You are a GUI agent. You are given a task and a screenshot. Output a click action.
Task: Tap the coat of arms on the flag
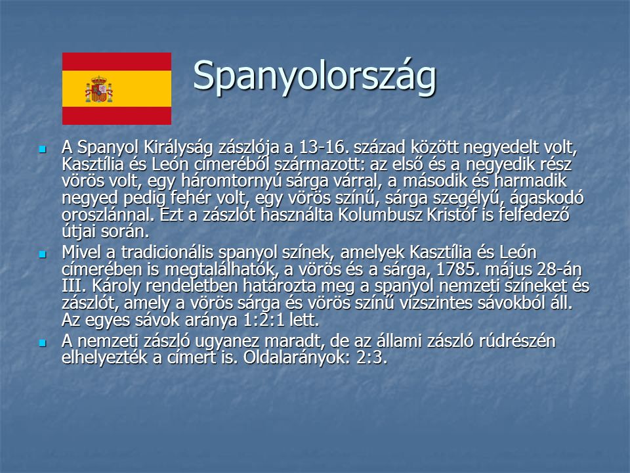tap(99, 89)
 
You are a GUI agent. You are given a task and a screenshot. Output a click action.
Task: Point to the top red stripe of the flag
tap(117, 62)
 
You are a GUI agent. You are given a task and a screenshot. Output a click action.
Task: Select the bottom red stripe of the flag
tap(117, 116)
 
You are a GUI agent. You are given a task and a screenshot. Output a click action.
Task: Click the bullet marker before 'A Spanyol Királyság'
tap(42, 150)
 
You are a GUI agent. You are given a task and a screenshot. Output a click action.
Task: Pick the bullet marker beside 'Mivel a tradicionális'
tap(42, 254)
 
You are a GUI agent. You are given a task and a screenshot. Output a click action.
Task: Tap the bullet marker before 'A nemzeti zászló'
tap(42, 343)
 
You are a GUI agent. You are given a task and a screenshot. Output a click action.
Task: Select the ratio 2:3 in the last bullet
tap(371, 357)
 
